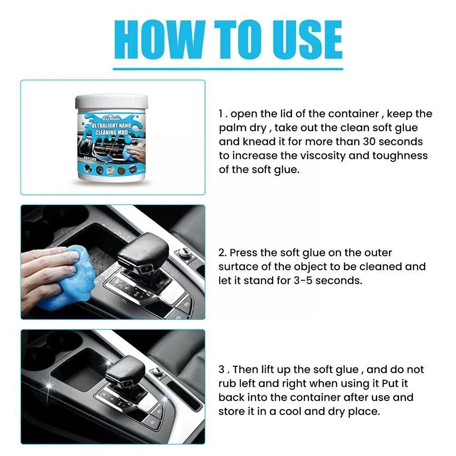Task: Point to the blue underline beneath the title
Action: pos(228,69)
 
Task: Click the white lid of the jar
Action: pos(111,101)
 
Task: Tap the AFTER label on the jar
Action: pos(137,142)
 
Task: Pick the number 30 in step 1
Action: pos(368,142)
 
